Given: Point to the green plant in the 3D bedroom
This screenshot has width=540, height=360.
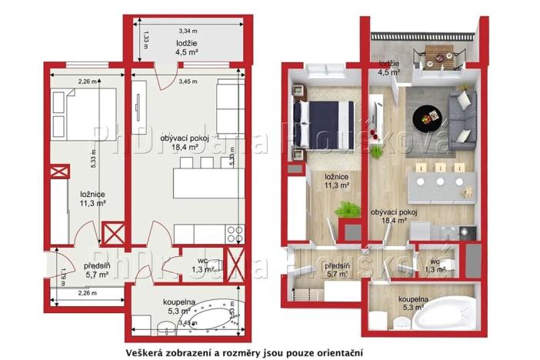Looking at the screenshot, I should tap(348, 210).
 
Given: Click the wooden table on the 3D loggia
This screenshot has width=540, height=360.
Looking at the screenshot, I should tap(436, 55).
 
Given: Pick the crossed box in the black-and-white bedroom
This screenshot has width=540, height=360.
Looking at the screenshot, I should tap(114, 232).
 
